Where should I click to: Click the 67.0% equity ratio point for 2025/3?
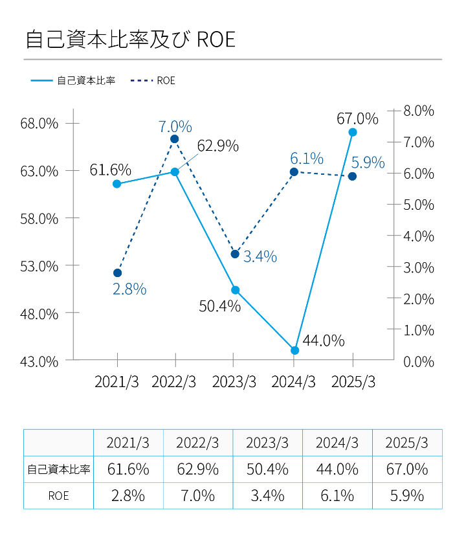353,132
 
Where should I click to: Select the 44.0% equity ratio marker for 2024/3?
295,350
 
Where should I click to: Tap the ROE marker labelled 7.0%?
175,139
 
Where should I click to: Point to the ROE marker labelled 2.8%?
117,273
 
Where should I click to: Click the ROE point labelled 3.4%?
236,254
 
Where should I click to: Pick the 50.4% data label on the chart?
219,306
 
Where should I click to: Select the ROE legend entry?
153,81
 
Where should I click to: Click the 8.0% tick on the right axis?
418,111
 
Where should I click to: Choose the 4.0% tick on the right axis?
418,236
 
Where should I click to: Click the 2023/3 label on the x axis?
233,382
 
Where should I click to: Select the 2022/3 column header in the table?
197,443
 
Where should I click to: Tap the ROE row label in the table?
58,496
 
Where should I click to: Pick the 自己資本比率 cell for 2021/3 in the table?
128,469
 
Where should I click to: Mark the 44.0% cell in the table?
337,469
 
